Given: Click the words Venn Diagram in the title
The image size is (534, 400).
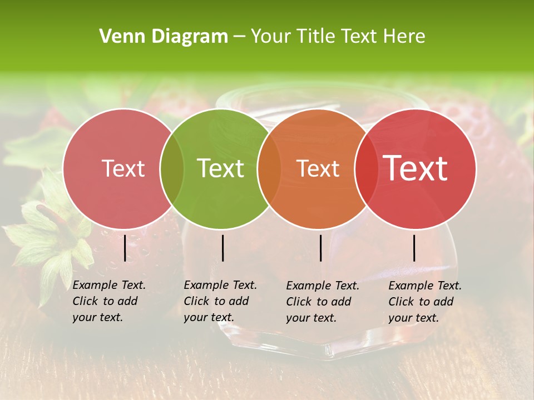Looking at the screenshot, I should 164,37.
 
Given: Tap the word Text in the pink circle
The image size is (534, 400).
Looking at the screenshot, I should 123,169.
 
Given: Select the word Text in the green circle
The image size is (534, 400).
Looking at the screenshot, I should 220,169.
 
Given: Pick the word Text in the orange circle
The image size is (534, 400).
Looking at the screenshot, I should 318,169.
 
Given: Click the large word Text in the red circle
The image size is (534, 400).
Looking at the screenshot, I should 416,169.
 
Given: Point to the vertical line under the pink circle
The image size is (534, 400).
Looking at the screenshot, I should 125,248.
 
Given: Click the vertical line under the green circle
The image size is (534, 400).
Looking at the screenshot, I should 222,248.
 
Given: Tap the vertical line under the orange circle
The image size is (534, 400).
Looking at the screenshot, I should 320,248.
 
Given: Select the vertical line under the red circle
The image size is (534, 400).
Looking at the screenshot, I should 414,248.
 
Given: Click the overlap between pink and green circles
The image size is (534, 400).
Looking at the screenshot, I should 172,169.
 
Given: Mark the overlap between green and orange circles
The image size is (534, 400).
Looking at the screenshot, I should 269,169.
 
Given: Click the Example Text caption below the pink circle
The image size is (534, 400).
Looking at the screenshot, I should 109,301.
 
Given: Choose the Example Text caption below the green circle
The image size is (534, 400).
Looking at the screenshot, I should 220,301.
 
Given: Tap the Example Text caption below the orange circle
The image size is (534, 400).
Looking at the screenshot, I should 323,302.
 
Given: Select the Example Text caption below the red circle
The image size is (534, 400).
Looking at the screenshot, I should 425,302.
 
